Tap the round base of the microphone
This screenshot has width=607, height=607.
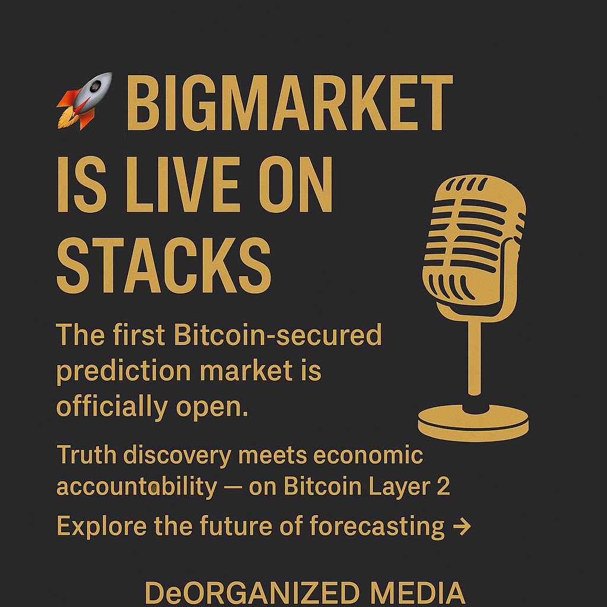pos(473,422)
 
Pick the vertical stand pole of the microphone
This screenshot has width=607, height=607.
pos(474,356)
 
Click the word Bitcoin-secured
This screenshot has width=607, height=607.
pos(278,336)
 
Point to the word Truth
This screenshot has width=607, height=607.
pos(82,455)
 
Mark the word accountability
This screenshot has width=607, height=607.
pos(136,487)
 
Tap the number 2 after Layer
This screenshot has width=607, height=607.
pos(443,487)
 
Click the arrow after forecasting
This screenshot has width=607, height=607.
pos(462,526)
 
